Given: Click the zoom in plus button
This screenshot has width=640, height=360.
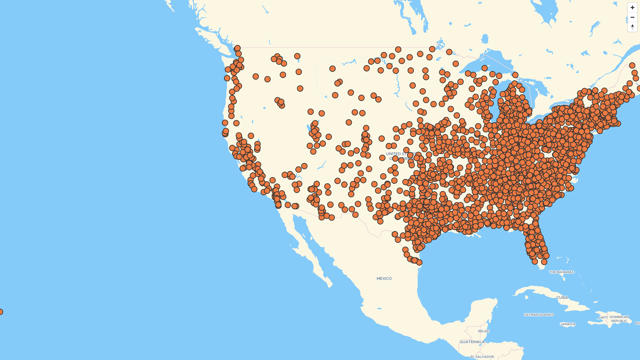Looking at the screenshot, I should [x=632, y=7].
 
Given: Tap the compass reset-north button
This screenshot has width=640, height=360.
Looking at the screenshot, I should [x=632, y=27].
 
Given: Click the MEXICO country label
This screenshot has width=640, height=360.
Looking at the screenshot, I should [x=384, y=278].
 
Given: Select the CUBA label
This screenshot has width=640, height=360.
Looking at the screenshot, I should [x=562, y=297].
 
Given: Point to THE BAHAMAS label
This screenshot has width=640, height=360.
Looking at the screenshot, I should [x=561, y=272].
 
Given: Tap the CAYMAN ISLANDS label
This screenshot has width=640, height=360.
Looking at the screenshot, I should [x=538, y=315].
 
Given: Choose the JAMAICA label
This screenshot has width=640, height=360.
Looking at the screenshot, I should [x=568, y=324].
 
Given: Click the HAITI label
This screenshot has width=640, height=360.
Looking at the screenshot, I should [x=603, y=317].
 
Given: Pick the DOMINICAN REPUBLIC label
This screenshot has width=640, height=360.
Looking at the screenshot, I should [x=619, y=319].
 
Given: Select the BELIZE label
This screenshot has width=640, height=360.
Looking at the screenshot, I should [x=483, y=331].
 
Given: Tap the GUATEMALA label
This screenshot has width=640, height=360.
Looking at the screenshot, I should [x=472, y=342].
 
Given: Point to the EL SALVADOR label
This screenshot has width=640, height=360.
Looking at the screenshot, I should [x=482, y=357].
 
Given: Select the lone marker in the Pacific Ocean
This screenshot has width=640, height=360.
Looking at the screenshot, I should [x=1, y=312].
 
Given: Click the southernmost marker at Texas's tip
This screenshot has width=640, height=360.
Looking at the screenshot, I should [x=419, y=262].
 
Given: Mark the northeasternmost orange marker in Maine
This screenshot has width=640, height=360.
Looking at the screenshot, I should [x=632, y=65].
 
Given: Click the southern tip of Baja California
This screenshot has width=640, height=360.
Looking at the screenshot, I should [x=330, y=285].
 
